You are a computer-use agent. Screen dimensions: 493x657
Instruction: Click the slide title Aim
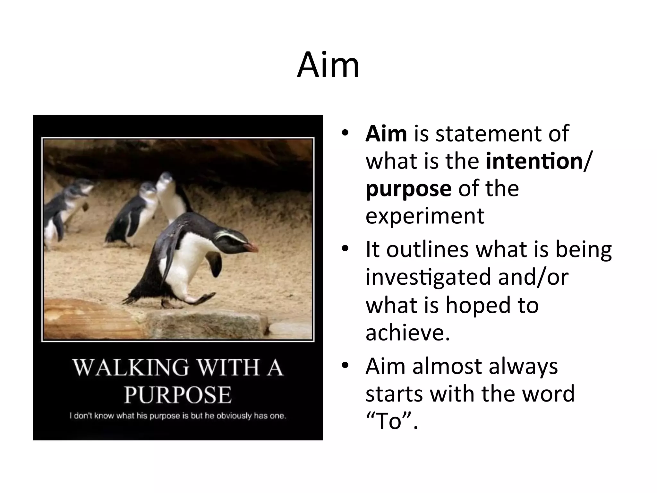tap(328, 65)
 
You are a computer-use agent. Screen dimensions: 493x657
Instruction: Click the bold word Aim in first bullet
tap(386, 134)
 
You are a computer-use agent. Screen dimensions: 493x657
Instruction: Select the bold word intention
tap(534, 161)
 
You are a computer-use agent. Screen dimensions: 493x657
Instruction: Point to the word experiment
tap(424, 216)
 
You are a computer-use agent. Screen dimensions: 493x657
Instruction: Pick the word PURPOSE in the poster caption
tap(178, 395)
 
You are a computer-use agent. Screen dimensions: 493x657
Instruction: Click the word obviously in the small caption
tap(234, 416)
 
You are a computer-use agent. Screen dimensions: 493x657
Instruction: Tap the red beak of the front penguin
tap(252, 247)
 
